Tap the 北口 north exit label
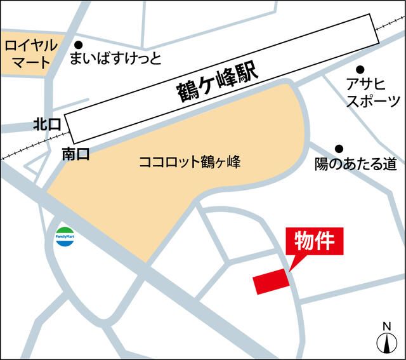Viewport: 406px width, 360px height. click(x=47, y=125)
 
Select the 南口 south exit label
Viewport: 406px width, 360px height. click(x=76, y=153)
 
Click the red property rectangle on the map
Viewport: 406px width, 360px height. click(x=272, y=281)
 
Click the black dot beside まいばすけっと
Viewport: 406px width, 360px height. click(x=79, y=45)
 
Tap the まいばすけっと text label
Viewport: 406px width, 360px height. click(x=115, y=60)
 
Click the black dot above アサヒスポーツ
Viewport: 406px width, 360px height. click(x=360, y=69)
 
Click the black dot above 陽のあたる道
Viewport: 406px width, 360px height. click(x=339, y=149)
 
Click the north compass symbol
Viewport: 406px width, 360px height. click(x=386, y=343)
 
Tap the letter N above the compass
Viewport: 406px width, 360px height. click(x=386, y=326)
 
